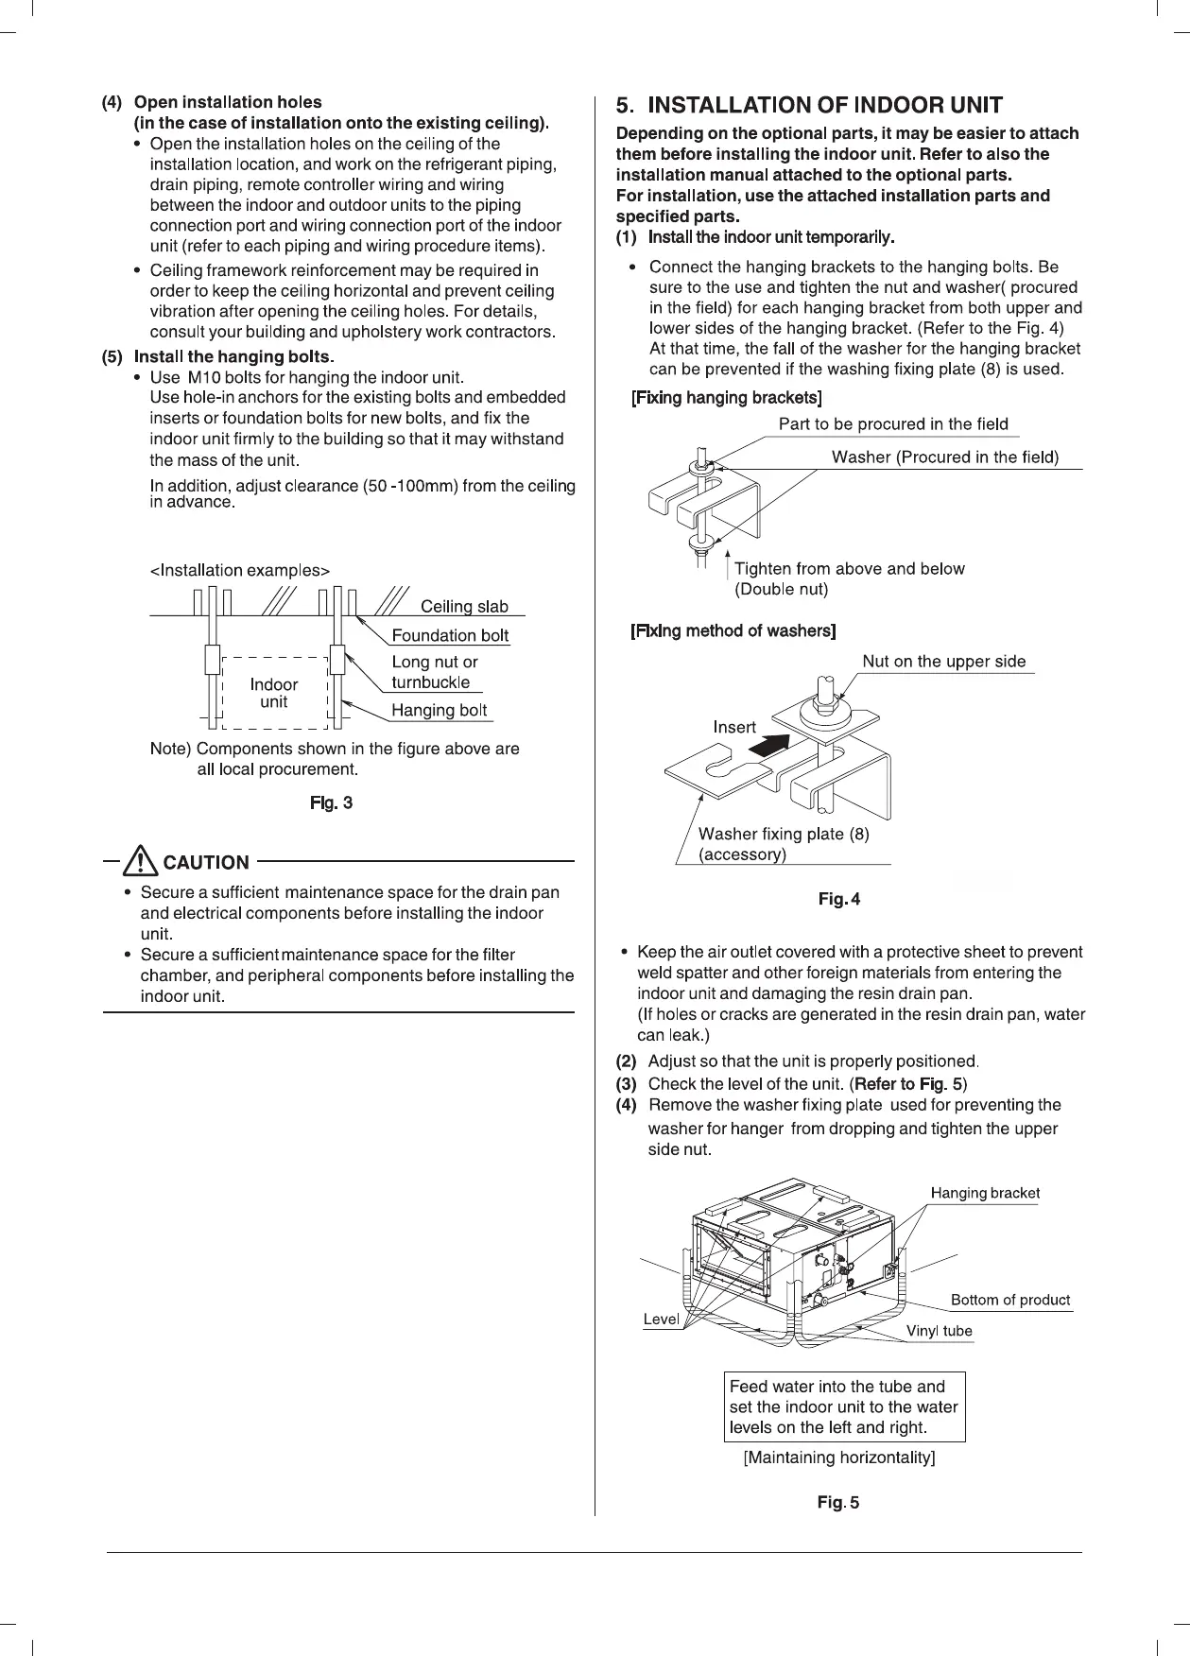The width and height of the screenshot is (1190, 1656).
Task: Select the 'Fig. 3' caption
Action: point(332,803)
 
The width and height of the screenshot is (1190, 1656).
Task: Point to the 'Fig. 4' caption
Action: point(839,899)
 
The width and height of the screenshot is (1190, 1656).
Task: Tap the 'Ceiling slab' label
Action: point(464,606)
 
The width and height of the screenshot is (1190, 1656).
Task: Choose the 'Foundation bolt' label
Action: point(450,635)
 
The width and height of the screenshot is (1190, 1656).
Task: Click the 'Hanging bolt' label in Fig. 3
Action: point(440,710)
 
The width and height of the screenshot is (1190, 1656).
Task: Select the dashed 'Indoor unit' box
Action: point(273,693)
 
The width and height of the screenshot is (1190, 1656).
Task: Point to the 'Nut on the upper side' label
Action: point(943,662)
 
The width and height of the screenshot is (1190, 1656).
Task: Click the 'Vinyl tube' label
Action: point(939,1331)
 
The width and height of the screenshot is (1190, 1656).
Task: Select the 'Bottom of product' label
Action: point(1009,1300)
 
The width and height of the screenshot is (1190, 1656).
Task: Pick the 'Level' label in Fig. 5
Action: point(661,1319)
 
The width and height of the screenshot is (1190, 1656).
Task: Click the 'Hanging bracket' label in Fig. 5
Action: point(985,1193)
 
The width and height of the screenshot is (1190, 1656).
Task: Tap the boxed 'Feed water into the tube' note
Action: point(844,1406)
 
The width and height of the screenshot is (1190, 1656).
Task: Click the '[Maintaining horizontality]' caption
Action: point(839,1457)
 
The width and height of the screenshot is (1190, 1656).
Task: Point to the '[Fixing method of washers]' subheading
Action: point(733,630)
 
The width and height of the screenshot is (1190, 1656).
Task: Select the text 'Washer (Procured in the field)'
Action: point(944,457)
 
